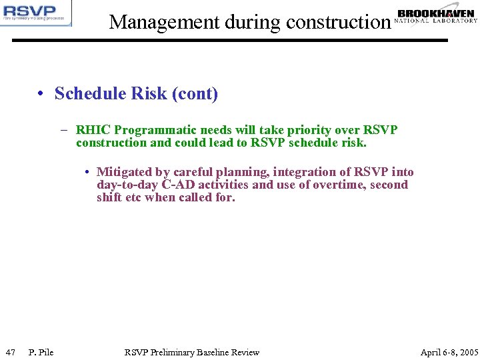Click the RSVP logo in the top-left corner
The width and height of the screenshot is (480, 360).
[x=36, y=13]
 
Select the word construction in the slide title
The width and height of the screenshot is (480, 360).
[x=337, y=22]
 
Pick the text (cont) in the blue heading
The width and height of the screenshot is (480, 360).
[x=195, y=94]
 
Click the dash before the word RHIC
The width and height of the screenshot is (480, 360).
[x=68, y=130]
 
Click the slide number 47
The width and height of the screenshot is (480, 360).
[x=10, y=352]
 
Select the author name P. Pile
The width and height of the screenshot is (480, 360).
[x=41, y=352]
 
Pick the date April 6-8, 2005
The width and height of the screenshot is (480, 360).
[x=449, y=352]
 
